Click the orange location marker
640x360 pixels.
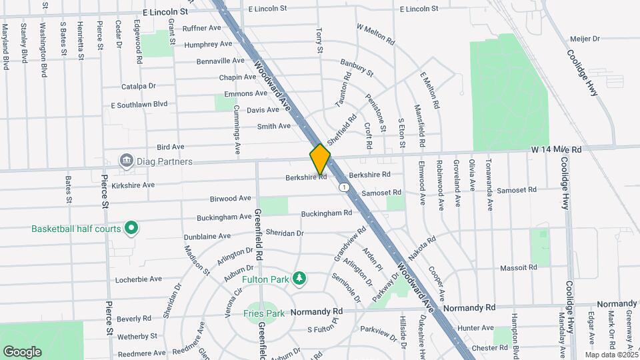pyautogui.click(x=320, y=159)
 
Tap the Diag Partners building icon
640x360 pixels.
pyautogui.click(x=125, y=161)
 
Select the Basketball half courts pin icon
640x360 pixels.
pyautogui.click(x=132, y=229)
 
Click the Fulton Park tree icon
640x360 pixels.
pyautogui.click(x=300, y=278)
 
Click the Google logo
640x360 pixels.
pyautogui.click(x=22, y=351)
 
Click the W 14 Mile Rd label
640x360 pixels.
pyautogui.click(x=556, y=150)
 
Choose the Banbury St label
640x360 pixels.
pyautogui.click(x=355, y=66)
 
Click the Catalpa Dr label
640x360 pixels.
pyautogui.click(x=138, y=86)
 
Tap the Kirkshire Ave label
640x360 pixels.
pyautogui.click(x=133, y=185)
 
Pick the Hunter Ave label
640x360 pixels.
pyautogui.click(x=476, y=328)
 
